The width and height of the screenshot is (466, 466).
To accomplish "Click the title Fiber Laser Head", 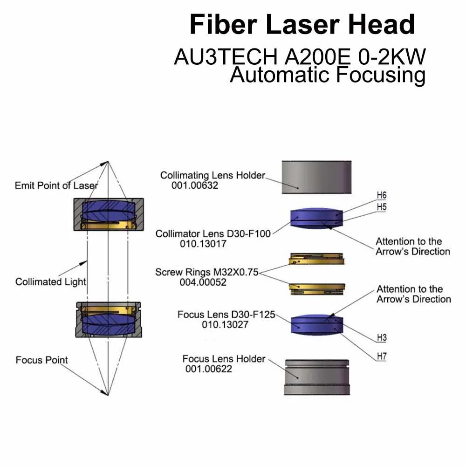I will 302,24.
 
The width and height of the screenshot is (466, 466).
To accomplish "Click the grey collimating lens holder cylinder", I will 316,177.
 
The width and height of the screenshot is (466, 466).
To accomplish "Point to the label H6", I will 381,196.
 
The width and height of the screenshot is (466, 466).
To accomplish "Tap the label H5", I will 381,207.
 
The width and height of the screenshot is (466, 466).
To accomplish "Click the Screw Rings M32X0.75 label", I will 207,272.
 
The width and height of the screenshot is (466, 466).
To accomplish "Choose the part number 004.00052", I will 203,282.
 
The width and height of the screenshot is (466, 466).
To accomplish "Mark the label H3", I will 381,337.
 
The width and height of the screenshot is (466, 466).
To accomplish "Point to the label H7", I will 381,357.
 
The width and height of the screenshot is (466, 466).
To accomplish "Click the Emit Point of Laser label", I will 56,185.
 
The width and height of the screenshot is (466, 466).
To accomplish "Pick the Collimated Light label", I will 51,281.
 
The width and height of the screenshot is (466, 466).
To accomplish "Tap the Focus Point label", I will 41,360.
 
